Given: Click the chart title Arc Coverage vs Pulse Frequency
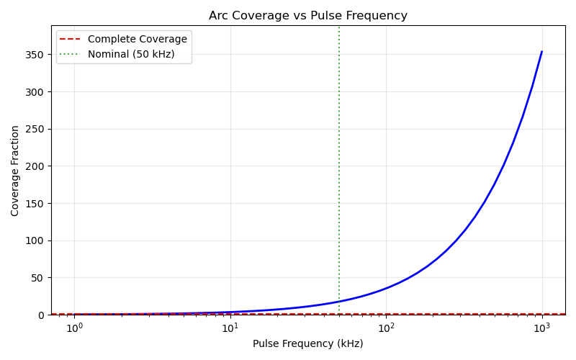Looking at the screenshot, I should pyautogui.click(x=308, y=16).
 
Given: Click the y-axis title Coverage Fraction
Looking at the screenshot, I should pyautogui.click(x=15, y=171).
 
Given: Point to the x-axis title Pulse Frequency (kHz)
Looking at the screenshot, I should pyautogui.click(x=308, y=344).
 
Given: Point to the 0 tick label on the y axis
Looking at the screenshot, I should pyautogui.click(x=42, y=315).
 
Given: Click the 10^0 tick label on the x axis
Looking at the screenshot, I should pyautogui.click(x=74, y=328).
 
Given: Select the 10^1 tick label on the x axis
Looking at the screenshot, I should pyautogui.click(x=230, y=328).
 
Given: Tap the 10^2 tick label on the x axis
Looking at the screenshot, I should pyautogui.click(x=386, y=328).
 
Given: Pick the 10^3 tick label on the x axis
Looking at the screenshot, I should pyautogui.click(x=541, y=328).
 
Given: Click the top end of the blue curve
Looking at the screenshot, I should pyautogui.click(x=541, y=52).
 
